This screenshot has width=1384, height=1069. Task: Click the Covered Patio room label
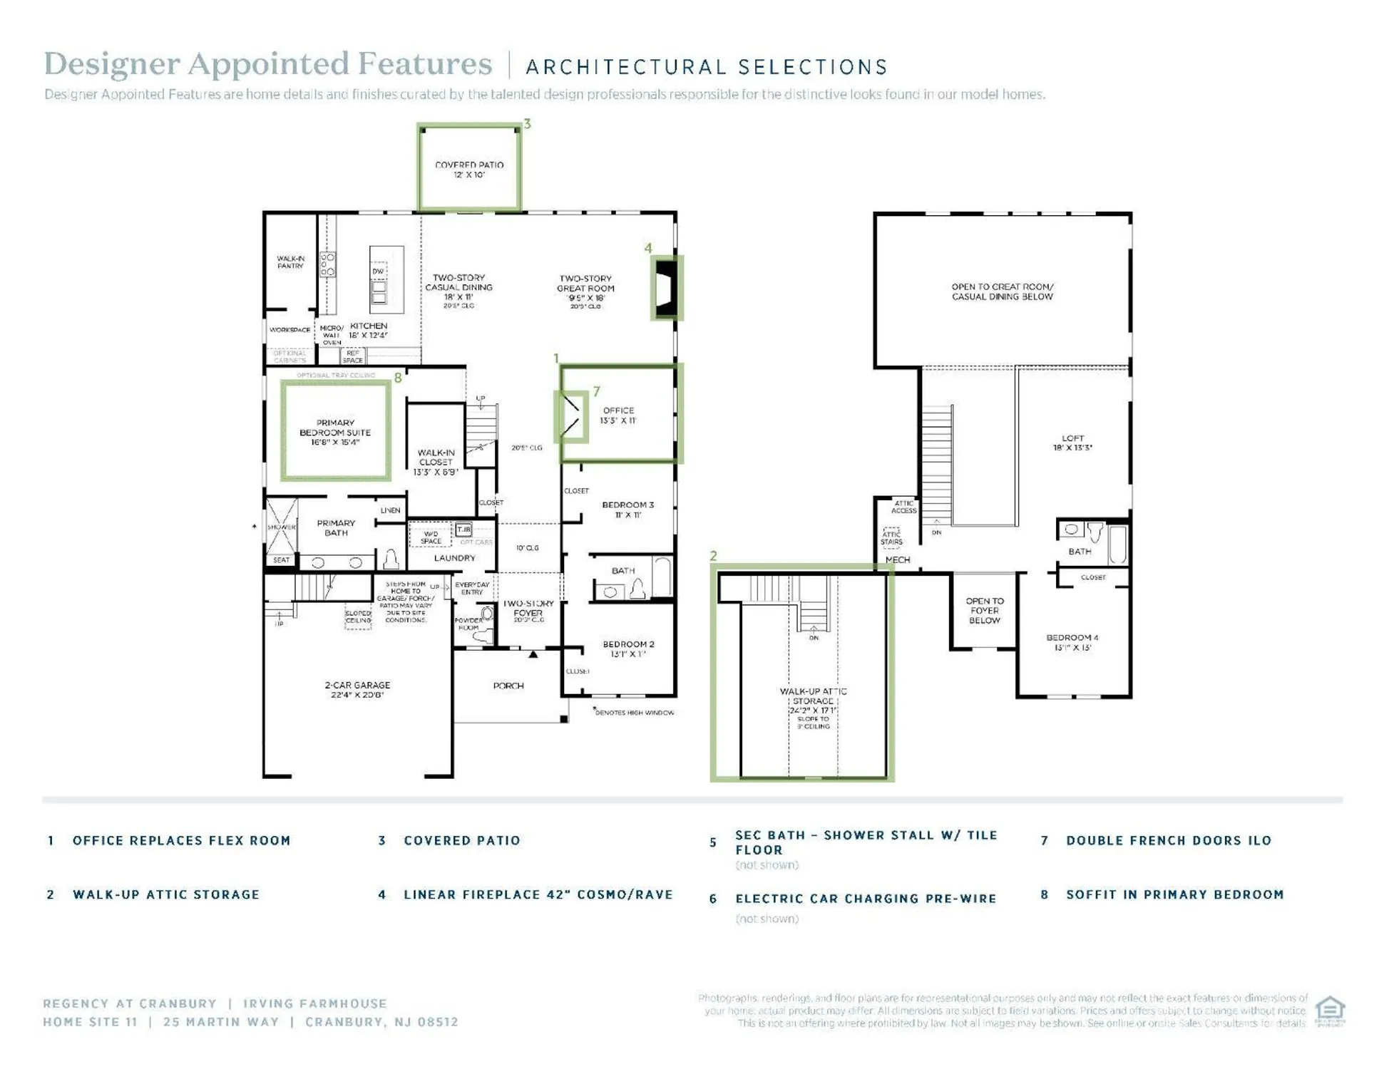469,170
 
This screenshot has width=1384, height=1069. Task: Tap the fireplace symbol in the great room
666,289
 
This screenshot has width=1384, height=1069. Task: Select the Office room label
618,415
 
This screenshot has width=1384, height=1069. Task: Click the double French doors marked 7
570,416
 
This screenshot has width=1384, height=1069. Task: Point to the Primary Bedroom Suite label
335,433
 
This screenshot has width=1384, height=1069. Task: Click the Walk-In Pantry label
290,262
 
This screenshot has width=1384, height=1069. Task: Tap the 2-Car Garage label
357,690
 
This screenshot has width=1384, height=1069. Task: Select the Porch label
508,686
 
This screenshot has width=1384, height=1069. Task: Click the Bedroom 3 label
627,510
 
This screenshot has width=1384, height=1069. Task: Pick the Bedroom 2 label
628,649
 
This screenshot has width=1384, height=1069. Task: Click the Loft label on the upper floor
1072,443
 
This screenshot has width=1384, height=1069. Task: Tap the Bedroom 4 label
1072,642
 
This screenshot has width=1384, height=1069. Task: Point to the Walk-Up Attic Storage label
813,701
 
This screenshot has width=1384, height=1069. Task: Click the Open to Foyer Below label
984,611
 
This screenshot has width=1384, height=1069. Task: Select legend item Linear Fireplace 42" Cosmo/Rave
538,894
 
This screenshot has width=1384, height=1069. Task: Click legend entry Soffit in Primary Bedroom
1174,894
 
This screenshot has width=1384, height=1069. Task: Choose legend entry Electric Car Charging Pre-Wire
866,899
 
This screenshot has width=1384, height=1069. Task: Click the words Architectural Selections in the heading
707,67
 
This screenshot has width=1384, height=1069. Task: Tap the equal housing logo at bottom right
1329,1010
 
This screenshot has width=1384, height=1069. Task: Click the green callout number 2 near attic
713,555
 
